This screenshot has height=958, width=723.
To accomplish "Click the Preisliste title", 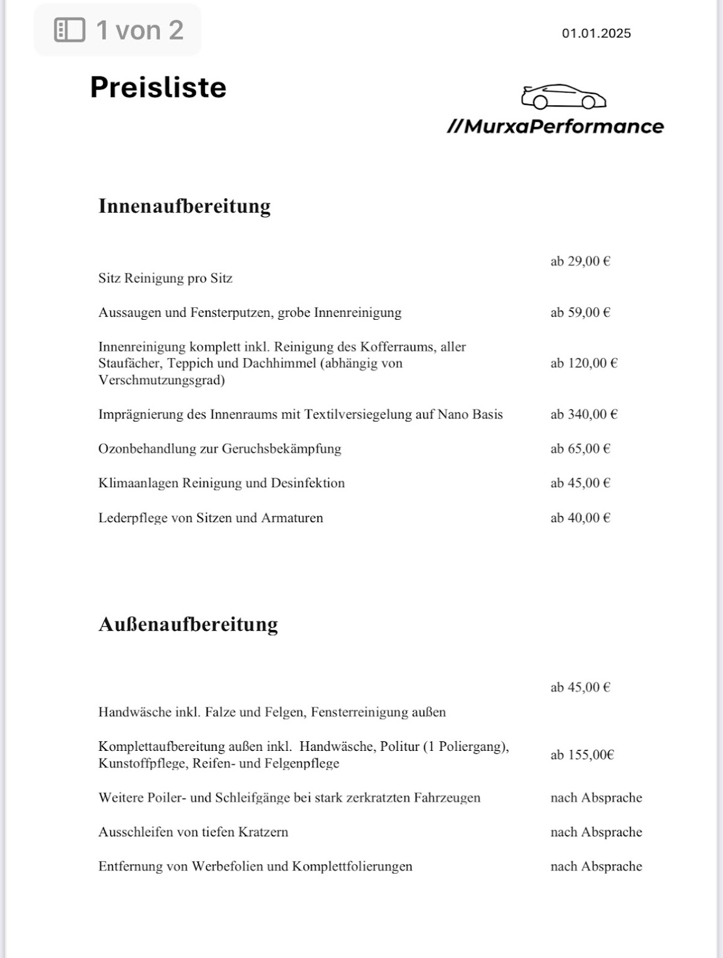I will tap(158, 87).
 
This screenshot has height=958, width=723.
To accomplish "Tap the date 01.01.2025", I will tap(596, 33).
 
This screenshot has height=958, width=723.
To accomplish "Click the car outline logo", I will tap(563, 96).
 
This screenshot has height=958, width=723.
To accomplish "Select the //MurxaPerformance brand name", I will tap(555, 126).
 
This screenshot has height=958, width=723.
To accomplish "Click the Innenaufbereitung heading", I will tap(184, 206).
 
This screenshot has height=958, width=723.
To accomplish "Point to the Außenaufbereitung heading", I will tap(188, 624).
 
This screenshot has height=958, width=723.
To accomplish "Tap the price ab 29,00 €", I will tap(580, 261).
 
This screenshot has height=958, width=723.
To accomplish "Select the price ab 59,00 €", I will tap(580, 313).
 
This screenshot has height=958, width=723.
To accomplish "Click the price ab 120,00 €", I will tap(584, 363).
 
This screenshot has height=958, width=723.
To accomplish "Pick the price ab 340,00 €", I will tap(584, 414).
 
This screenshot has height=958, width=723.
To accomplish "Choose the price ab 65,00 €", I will tap(580, 449).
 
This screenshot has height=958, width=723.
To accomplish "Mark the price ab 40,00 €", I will tap(580, 518).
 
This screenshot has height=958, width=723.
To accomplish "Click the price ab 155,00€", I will tap(582, 755).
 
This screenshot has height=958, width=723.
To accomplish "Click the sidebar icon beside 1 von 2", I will tap(69, 30).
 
